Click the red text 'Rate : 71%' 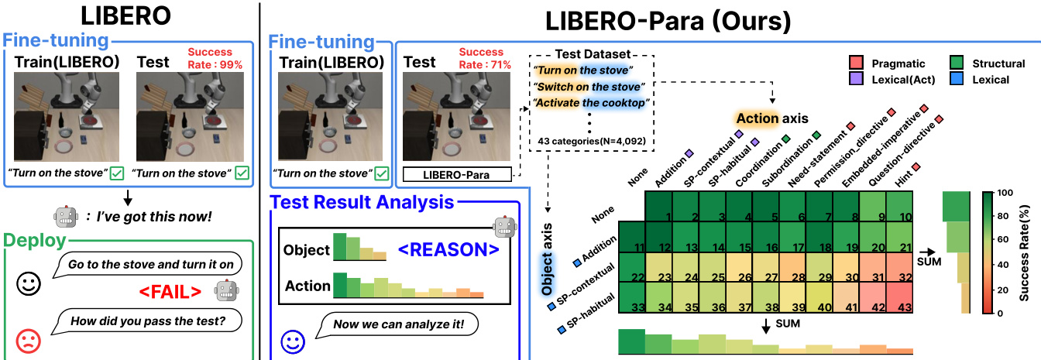coord(484,65)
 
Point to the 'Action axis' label coord(771,118)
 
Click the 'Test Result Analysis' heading coord(360,204)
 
